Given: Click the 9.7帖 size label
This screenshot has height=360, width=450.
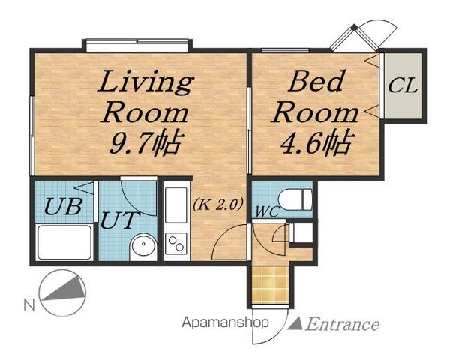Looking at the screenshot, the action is (x=146, y=143).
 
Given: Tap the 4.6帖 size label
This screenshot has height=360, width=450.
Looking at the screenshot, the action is (x=316, y=142).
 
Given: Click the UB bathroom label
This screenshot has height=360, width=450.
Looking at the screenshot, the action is (x=64, y=206).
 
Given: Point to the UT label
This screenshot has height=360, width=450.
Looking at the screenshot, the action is (x=120, y=220).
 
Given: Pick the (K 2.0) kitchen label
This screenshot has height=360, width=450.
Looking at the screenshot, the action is (x=218, y=205).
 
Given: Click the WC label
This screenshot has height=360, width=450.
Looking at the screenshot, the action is (x=267, y=211).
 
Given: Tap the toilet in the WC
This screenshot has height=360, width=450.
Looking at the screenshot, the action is (x=295, y=199).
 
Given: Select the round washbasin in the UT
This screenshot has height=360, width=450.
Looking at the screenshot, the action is (x=143, y=245).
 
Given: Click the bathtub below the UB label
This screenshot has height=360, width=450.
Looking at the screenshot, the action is (x=64, y=242).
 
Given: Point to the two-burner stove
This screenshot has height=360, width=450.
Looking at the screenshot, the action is (x=176, y=244).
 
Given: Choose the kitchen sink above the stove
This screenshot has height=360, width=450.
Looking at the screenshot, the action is (x=176, y=205).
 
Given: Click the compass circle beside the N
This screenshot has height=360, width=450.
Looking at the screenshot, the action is (x=63, y=292).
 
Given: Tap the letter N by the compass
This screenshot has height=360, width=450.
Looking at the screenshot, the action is (x=29, y=305).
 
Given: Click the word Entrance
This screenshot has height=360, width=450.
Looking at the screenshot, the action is (x=343, y=325).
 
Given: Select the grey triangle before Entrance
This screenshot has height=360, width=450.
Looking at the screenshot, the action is (x=295, y=323).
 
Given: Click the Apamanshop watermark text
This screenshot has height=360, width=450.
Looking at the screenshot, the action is (x=225, y=322).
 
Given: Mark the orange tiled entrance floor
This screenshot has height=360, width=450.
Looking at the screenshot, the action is (x=270, y=284).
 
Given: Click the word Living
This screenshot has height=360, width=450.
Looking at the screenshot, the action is (x=145, y=81).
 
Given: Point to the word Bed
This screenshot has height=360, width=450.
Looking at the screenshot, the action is (x=316, y=80).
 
